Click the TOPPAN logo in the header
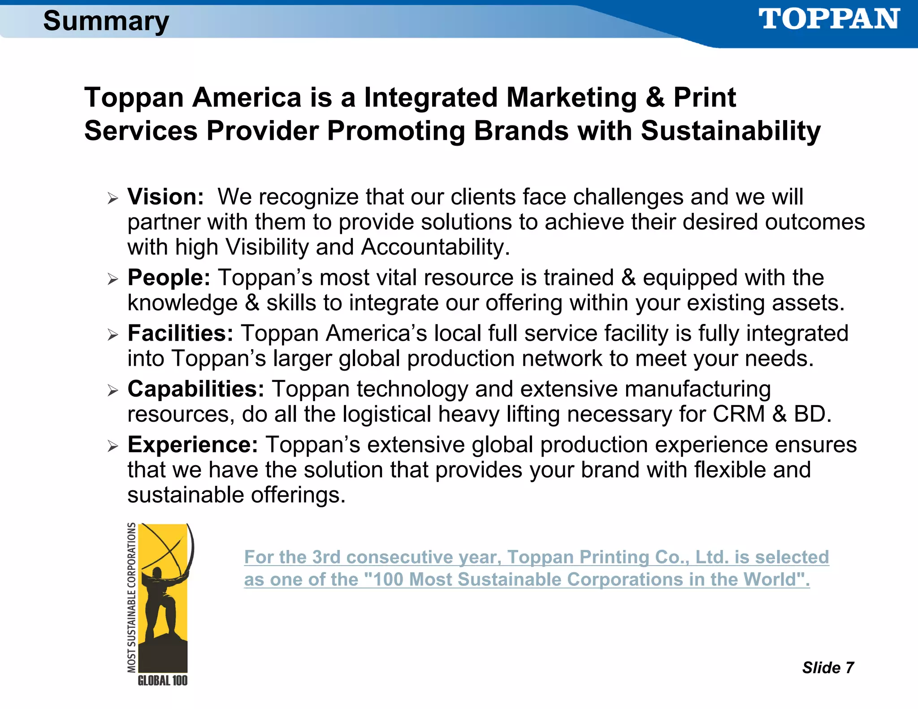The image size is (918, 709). (x=828, y=20)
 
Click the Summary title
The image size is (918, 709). (x=106, y=21)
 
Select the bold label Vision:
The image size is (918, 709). (x=166, y=197)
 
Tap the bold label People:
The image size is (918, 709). (x=169, y=278)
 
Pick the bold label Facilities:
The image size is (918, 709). (x=181, y=333)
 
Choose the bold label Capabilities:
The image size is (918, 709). (x=196, y=389)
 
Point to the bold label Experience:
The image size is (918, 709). (x=193, y=445)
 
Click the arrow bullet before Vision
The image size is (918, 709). (x=113, y=198)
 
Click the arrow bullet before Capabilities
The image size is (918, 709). (x=113, y=390)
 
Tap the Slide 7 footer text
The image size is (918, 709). (x=828, y=668)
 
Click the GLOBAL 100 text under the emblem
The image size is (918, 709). (x=162, y=681)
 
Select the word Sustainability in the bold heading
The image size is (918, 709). (x=731, y=131)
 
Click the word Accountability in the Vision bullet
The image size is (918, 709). (x=435, y=247)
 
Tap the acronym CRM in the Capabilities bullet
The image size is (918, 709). (x=739, y=414)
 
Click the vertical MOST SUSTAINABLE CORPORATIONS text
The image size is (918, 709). (x=131, y=597)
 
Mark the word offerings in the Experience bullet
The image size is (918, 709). (x=298, y=495)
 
